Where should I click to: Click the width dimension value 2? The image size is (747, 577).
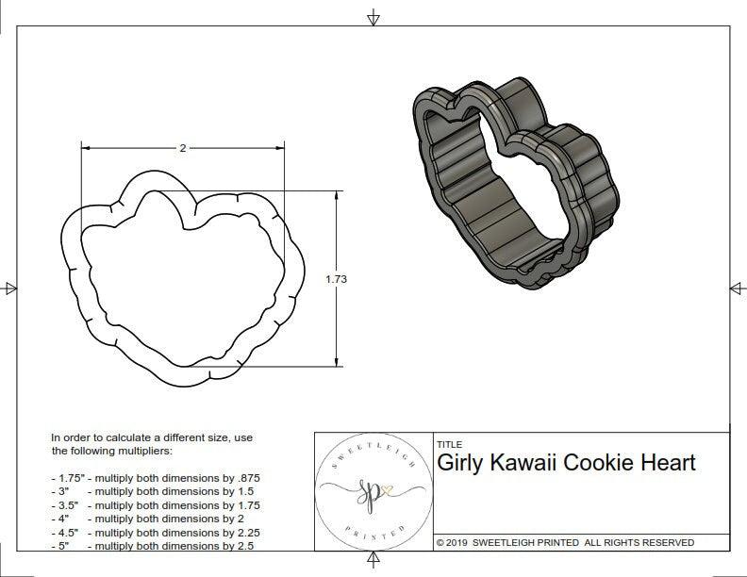click(182, 148)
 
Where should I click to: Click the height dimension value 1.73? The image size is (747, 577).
click(335, 279)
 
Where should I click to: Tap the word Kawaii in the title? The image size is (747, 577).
click(528, 463)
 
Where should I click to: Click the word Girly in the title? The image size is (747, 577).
click(462, 463)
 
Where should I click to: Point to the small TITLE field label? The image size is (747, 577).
click(449, 444)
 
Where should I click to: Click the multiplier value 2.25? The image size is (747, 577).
click(244, 532)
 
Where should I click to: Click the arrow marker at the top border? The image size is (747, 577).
click(373, 17)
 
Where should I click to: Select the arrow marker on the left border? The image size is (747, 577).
click(8, 288)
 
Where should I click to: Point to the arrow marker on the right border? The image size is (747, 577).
click(737, 288)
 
